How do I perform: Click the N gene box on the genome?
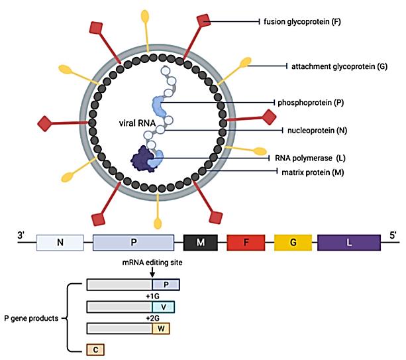(60, 243)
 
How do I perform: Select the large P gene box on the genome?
(133, 243)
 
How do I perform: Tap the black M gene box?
(201, 243)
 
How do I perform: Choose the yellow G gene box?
(292, 243)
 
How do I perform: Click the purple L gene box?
(349, 243)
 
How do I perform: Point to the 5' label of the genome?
(393, 235)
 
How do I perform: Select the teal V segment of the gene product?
(163, 307)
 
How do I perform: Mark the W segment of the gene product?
(162, 328)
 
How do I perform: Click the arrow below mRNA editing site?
(152, 271)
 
